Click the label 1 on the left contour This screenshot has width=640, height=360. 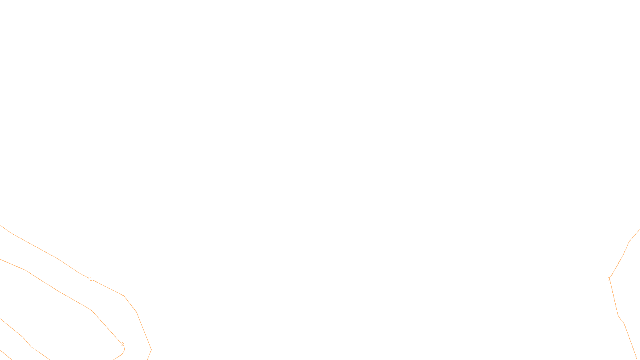coord(91,279)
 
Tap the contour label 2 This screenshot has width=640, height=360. coord(122,344)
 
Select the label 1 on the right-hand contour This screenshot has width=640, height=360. coord(609,279)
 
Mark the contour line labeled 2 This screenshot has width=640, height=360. coord(60,291)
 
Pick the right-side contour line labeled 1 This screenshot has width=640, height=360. coord(618,316)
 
